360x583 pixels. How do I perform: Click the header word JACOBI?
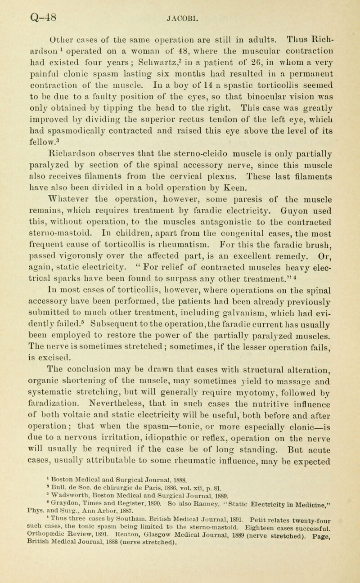(x=180, y=8)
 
